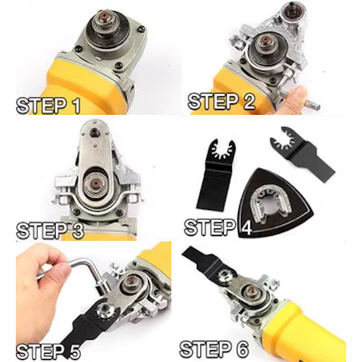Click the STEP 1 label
(x=48, y=106)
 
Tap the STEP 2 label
(x=222, y=101)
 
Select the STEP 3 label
(x=50, y=230)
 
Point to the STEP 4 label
(x=218, y=227)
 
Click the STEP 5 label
(x=48, y=352)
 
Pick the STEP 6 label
(x=214, y=349)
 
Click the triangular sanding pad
(x=275, y=202)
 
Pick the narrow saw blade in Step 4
(x=302, y=153)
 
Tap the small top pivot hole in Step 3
(x=94, y=132)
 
